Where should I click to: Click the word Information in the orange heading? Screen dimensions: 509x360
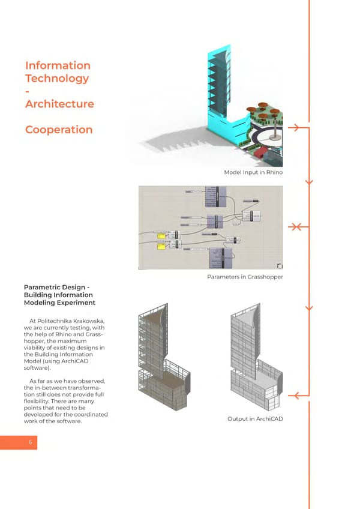pos(58,65)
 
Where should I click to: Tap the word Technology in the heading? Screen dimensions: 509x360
pos(57,78)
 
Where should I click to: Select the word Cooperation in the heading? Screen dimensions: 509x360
pos(59,130)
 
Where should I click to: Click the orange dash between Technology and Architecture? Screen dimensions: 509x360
pos(28,91)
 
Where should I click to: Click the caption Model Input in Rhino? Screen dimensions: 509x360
pos(253,173)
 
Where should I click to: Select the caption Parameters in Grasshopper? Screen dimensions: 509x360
pos(244,277)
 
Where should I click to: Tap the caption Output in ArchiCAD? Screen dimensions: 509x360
pos(255,418)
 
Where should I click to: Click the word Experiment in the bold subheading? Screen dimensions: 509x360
pos(76,303)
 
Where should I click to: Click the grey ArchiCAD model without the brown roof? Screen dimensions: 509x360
pos(254,360)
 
